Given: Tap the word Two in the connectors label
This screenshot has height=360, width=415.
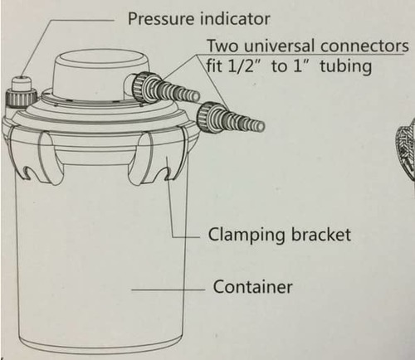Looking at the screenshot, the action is point(223,46).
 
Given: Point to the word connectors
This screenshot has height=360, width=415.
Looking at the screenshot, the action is point(364,46).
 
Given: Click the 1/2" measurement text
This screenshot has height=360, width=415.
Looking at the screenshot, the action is point(242,66).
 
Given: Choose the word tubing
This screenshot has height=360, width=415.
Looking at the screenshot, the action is point(345,67).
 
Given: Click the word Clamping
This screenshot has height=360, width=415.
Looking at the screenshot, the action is point(247,236).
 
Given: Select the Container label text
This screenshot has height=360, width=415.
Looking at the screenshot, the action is point(252,287).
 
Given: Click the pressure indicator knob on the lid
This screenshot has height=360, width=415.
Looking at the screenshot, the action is point(21,93).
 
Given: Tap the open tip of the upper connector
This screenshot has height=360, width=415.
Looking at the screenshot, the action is point(196,95).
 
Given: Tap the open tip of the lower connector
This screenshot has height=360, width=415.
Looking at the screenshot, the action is point(261,126).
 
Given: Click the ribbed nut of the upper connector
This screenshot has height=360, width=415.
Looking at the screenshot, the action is point(139,87).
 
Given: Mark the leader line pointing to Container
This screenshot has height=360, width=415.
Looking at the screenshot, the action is point(168,289).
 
